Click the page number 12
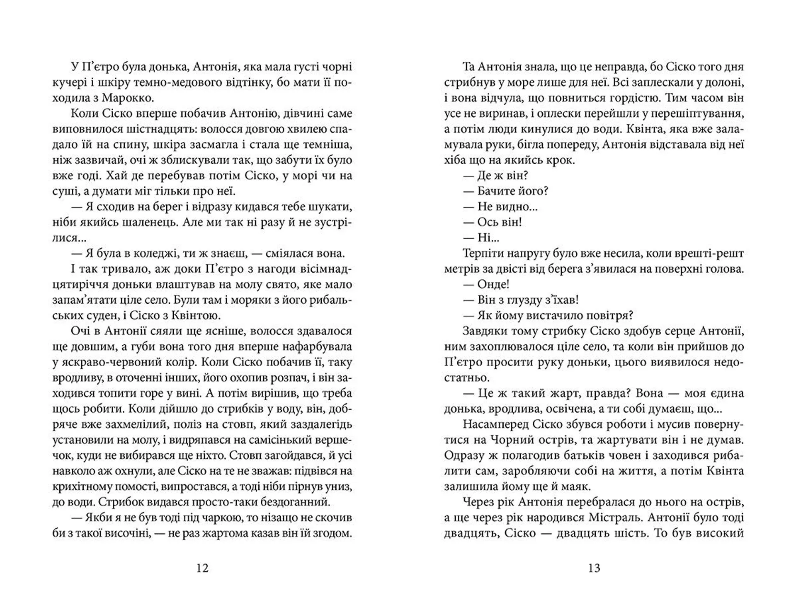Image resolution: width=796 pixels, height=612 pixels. coord(202,568)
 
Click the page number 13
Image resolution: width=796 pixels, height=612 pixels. coord(594,568)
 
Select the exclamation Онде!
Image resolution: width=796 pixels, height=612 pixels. coord(493,284)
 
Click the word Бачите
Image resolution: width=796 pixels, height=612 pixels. coord(498,191)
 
